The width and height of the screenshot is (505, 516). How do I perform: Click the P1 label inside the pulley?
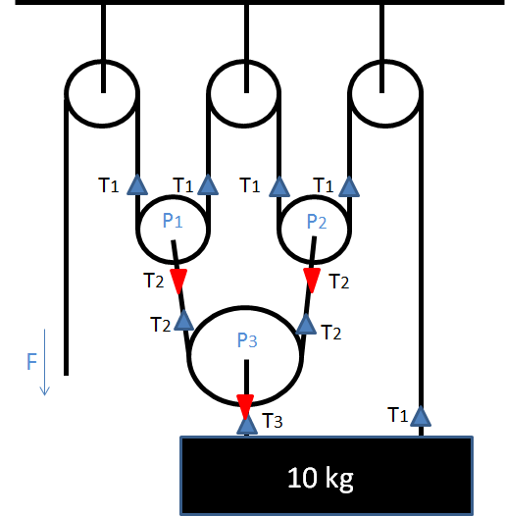(173, 221)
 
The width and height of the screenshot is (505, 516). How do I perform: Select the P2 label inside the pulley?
(316, 221)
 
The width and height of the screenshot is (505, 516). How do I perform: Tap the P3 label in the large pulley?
(246, 341)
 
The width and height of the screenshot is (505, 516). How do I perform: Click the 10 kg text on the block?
(320, 479)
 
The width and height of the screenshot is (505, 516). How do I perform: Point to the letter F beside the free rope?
(32, 363)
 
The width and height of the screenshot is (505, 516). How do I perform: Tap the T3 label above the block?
(274, 423)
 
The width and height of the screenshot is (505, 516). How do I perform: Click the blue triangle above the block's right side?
(421, 415)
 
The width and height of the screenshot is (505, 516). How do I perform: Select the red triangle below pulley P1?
(178, 283)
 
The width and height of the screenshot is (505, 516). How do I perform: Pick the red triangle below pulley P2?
(312, 282)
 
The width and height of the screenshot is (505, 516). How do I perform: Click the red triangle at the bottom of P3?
(245, 404)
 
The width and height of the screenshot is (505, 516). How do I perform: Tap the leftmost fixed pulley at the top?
(101, 93)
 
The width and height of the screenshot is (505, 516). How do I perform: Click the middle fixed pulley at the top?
(245, 93)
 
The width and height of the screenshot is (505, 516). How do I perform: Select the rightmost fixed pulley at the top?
(384, 93)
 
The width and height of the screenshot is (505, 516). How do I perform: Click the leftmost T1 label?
(110, 183)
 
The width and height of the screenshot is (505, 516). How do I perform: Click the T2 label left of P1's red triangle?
(153, 281)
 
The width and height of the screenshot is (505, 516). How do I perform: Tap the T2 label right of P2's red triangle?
(338, 283)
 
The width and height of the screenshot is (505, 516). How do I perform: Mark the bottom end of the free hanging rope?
(66, 373)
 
